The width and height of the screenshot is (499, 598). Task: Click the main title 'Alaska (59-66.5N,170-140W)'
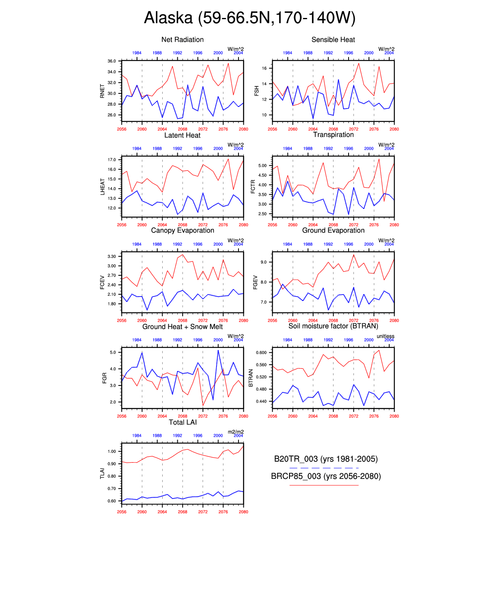249,18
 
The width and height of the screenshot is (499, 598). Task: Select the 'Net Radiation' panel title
182,40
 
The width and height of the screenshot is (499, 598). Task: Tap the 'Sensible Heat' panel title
333,40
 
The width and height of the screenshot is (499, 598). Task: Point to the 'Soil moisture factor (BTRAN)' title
333,326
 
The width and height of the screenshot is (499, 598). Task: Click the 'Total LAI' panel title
183,422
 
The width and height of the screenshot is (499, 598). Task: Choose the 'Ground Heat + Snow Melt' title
182,326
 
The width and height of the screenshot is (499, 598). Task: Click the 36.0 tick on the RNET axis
112,61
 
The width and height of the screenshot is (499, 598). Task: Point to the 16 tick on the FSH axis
264,69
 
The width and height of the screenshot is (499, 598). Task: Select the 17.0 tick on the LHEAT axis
112,160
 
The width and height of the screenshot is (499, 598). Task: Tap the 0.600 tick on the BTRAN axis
261,353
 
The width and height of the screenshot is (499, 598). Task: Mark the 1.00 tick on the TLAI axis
112,452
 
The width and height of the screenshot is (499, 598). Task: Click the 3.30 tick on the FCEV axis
112,257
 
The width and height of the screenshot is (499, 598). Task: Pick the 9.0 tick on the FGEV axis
264,262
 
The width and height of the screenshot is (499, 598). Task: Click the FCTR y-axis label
253,186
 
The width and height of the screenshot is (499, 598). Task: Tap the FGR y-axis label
104,378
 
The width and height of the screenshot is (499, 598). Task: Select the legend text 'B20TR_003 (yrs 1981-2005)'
326,459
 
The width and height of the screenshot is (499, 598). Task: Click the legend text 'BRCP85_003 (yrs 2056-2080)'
326,476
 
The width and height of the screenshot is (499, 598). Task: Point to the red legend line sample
324,485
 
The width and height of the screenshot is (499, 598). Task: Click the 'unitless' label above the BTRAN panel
385,336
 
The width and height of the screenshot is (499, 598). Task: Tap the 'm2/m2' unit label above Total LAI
236,432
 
